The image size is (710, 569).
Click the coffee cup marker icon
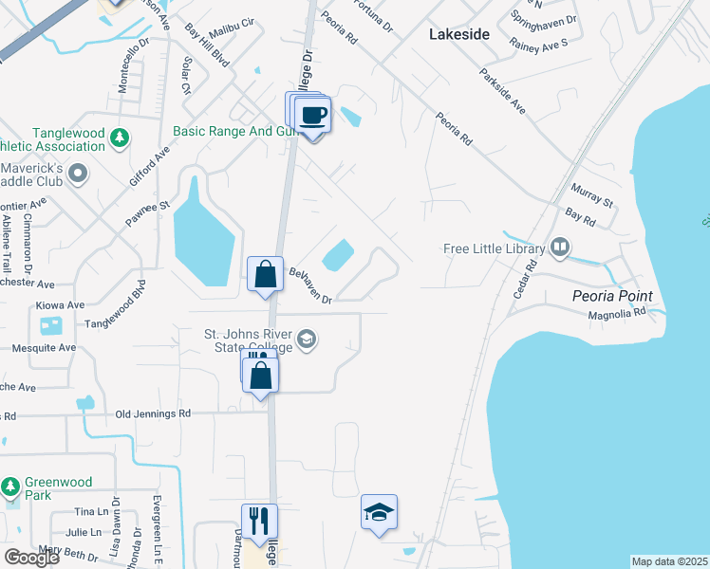coord(313,117)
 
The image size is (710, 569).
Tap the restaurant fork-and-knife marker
coord(259,523)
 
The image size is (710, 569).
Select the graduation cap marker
coord(380,513)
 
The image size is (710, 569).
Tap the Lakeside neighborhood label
coord(459,34)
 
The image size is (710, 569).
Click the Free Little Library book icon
coord(560,249)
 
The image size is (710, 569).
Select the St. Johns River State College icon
coord(307,340)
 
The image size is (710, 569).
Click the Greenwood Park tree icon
coord(10,487)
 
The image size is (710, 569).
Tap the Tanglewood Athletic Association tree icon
coord(120,139)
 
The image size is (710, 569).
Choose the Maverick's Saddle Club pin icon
coord(79,174)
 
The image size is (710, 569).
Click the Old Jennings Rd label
coord(153,413)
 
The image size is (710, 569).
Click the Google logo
coord(31,558)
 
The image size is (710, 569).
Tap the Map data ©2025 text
coord(669,561)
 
